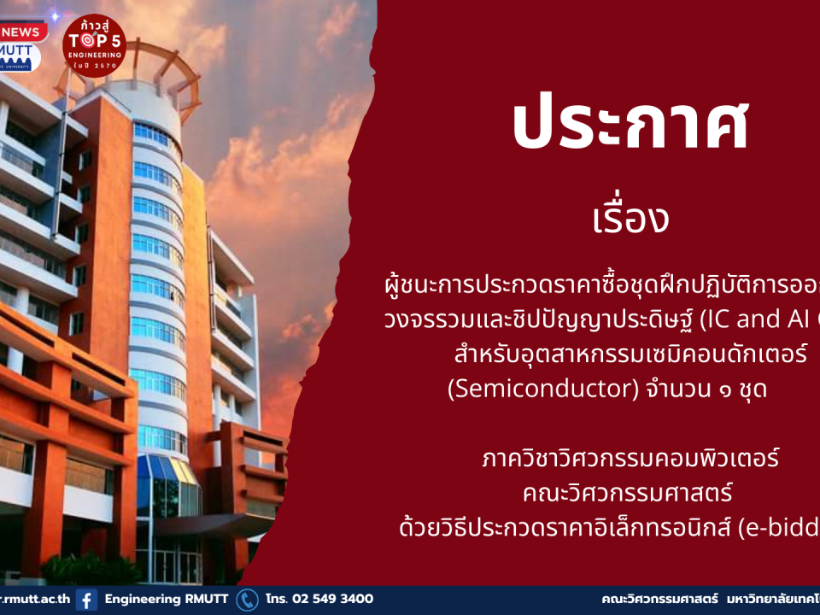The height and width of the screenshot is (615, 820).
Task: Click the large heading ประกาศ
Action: click(630, 125)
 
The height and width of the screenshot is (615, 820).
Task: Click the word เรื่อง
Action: click(630, 220)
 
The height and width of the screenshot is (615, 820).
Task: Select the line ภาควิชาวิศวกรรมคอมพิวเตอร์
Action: click(630, 459)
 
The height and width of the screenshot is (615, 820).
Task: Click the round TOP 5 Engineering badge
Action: click(94, 45)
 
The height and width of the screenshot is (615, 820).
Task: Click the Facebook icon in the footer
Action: click(86, 600)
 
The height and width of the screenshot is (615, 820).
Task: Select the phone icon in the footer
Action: click(247, 600)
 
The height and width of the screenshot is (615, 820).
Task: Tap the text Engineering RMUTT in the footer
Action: click(167, 600)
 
